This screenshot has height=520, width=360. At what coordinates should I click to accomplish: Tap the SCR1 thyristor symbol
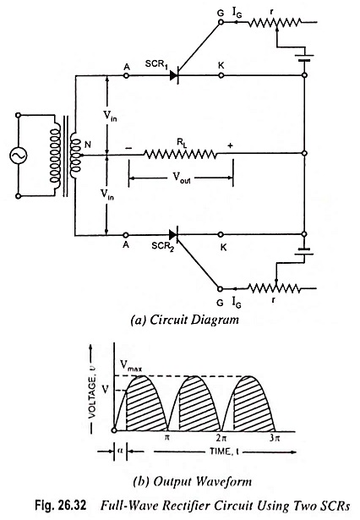click(174, 75)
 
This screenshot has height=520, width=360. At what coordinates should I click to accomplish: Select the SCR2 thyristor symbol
click(174, 235)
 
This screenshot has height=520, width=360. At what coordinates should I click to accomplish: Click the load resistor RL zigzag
click(181, 154)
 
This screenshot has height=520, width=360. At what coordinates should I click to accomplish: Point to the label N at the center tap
click(88, 145)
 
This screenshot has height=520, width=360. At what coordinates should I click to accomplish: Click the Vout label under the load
click(182, 178)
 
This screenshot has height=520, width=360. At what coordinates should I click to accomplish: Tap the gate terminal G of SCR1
click(221, 22)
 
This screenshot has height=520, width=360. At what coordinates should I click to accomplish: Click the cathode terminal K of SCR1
click(221, 75)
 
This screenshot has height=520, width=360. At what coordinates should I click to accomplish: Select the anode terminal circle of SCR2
click(126, 235)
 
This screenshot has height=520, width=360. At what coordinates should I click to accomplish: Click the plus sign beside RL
click(231, 145)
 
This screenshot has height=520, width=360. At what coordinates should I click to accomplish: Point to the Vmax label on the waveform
click(131, 366)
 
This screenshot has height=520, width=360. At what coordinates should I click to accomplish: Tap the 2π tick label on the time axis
click(221, 438)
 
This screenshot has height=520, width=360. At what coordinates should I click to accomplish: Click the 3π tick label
click(275, 438)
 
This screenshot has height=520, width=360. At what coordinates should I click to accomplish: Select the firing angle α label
click(120, 451)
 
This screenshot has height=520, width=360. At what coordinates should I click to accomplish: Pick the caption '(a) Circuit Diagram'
click(185, 320)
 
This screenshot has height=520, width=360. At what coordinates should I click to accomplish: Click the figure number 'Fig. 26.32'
click(61, 506)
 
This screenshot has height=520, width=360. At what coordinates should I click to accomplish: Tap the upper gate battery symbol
click(304, 58)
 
